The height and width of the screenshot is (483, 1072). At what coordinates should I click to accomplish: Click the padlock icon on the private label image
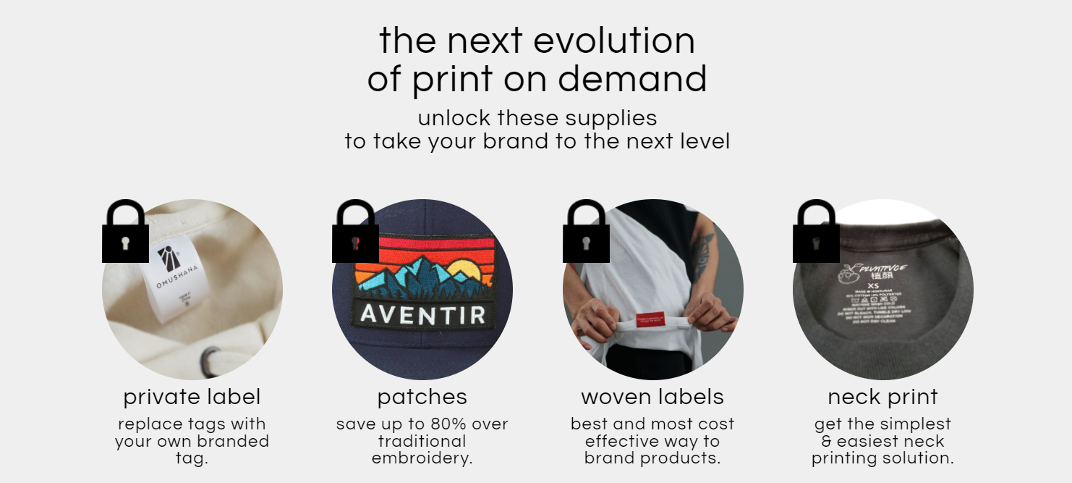coord(125,233)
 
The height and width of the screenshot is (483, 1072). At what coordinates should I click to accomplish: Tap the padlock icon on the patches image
coord(355,233)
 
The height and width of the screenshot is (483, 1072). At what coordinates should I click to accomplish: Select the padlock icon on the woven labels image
coord(586,233)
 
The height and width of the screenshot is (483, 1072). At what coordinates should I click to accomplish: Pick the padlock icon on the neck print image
coord(816,233)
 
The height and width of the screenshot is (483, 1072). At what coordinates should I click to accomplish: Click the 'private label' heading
coord(192,397)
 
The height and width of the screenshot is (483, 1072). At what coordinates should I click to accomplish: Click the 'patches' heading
coord(422,397)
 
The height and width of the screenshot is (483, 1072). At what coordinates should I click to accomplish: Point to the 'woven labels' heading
coord(652,397)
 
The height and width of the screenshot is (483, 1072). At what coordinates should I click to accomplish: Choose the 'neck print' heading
coord(882,397)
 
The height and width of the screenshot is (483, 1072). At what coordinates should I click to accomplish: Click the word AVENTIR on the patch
coord(422,315)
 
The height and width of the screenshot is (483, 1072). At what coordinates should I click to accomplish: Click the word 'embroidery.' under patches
coord(422,458)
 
